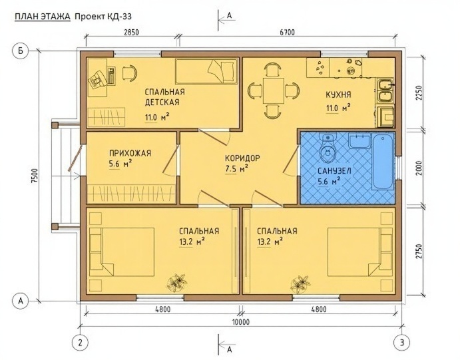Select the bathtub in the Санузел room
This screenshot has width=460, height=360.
point(383,162)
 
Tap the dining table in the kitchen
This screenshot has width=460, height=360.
point(274,90)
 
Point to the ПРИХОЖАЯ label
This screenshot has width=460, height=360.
point(130,153)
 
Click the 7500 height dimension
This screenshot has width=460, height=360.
point(35,176)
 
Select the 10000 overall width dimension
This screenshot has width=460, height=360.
point(241,322)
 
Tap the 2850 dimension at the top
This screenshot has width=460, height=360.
point(131,32)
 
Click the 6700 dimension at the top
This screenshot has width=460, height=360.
point(287,32)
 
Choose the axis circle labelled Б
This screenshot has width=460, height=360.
point(20,51)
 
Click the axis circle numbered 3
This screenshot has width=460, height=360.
point(402,343)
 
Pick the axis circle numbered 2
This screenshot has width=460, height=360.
point(81,343)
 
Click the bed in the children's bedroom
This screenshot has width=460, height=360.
point(206,71)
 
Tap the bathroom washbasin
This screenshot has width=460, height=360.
point(360,140)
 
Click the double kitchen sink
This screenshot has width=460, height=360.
point(385,90)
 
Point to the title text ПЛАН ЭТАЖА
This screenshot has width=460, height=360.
point(43,17)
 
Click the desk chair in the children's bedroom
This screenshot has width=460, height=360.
point(129,72)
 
